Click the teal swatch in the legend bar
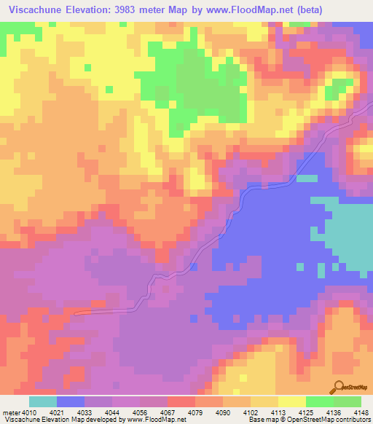43,401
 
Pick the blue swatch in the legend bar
71,401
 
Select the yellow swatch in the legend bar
292,401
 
